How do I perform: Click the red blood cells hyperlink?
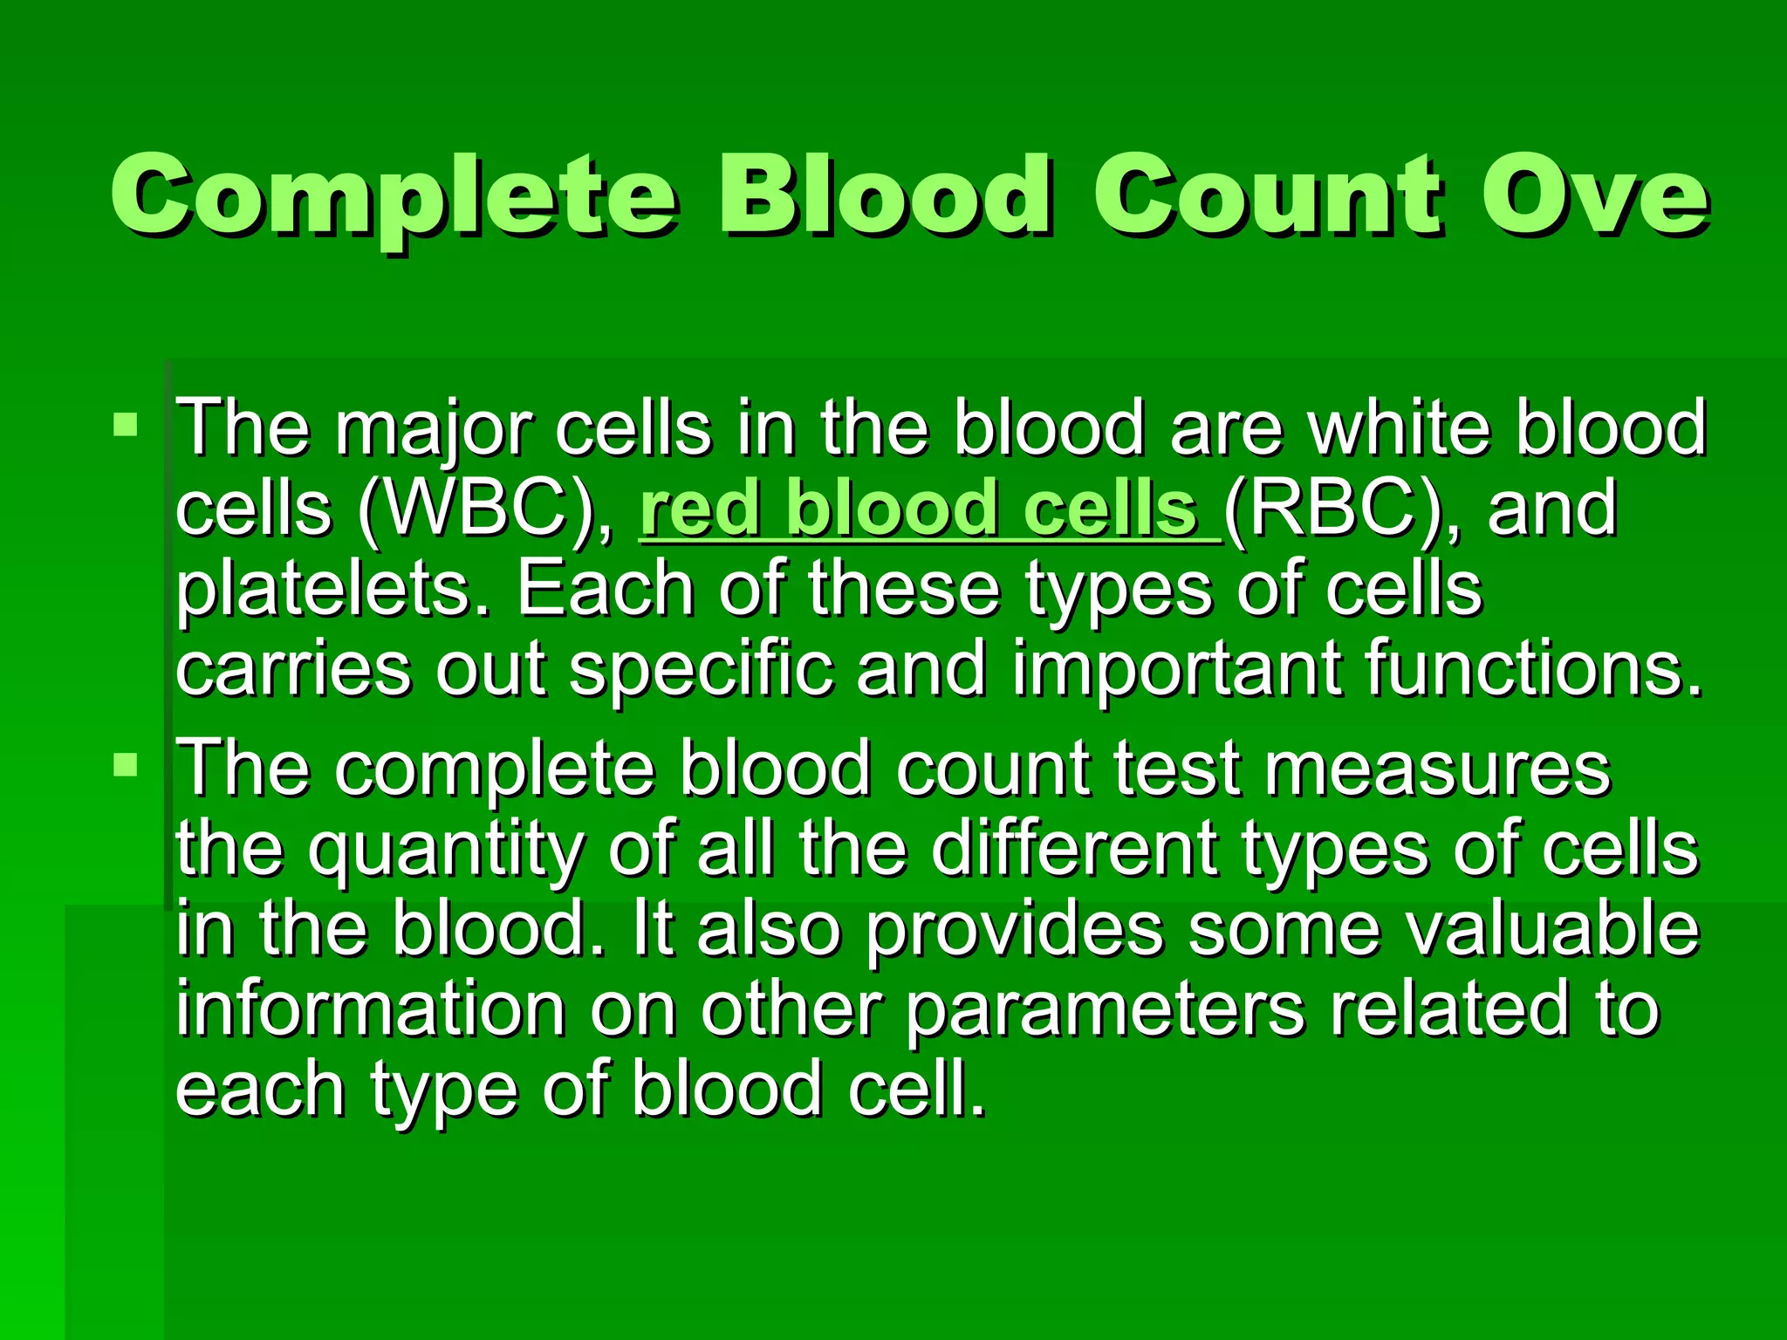[928, 509]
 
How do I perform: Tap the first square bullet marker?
[126, 426]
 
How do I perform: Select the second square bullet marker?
[126, 766]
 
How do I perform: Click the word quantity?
[445, 851]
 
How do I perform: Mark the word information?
[370, 1010]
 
